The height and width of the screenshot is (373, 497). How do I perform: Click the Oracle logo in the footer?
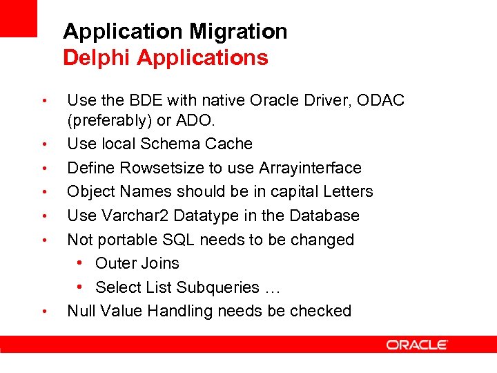pyautogui.click(x=417, y=345)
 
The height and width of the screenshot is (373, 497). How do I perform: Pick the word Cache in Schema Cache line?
pyautogui.click(x=230, y=144)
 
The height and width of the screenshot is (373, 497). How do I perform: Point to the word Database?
pyautogui.click(x=326, y=216)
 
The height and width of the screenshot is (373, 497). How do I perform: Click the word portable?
pyautogui.click(x=128, y=240)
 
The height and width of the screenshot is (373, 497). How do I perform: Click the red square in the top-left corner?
pyautogui.click(x=18, y=18)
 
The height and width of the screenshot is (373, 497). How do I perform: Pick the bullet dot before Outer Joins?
pyautogui.click(x=81, y=263)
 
